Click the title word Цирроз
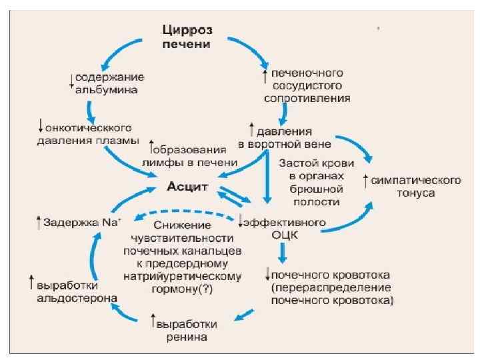point(187,30)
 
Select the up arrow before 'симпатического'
point(365,180)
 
